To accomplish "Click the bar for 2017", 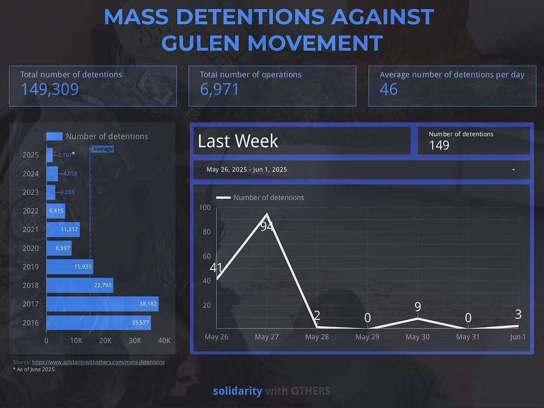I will [x=102, y=304].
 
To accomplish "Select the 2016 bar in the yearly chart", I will [x=98, y=322].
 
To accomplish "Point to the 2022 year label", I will [x=30, y=211].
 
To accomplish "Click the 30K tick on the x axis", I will [x=135, y=341].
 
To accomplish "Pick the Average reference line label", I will [x=102, y=149].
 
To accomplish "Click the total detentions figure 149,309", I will [x=49, y=89].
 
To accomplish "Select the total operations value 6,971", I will [x=220, y=89].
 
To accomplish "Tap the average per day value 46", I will [x=389, y=89].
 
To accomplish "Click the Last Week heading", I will [x=238, y=141].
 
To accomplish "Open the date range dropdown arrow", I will [x=513, y=169].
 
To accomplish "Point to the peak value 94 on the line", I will [x=267, y=226].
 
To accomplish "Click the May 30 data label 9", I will [x=418, y=307].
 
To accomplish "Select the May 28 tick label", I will [x=317, y=337].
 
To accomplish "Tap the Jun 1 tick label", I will [x=518, y=337].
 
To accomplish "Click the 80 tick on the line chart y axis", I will [x=206, y=232].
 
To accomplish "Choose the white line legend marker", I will [x=223, y=197].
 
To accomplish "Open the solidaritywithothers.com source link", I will [x=98, y=362].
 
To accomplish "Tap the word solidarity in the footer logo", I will [x=237, y=391].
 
